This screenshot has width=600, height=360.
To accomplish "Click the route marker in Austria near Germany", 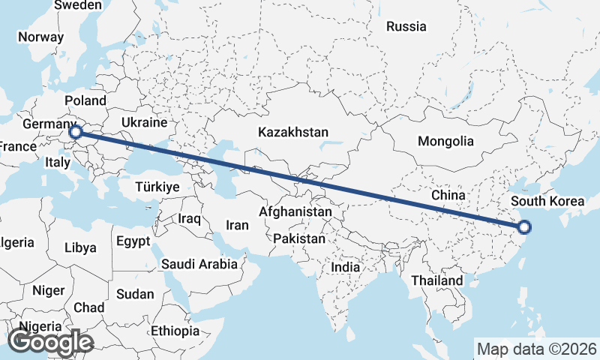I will pos(75,133).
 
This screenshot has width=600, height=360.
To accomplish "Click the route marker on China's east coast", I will pos(524,227).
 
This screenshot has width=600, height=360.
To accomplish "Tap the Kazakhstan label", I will pos(292,132).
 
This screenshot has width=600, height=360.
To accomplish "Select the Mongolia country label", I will pos(445,141).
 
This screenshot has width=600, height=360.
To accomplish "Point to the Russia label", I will pos(406,27).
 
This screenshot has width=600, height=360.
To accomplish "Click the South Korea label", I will pos(547,201).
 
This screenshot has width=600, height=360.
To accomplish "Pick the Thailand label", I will pos(436,280).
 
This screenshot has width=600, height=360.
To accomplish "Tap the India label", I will pos(345,267).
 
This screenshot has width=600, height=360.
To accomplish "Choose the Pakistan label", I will pos(299,238).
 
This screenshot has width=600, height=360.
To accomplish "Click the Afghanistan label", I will pos(295,212).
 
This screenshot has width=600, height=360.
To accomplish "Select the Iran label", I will pos(237,225).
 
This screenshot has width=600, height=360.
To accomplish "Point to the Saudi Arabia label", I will pos(199,264).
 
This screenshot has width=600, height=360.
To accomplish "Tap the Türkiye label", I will pos(157,187).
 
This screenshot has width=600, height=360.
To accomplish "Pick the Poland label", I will pos(85,100).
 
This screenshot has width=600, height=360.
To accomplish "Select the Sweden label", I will pos(78,5).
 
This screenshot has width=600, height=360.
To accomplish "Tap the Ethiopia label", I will pos(175,331).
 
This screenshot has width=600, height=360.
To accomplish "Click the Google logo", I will pos(50,342).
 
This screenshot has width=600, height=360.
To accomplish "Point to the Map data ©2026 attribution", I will pos(536,349).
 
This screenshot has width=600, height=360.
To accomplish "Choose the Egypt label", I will pos(133,241).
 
